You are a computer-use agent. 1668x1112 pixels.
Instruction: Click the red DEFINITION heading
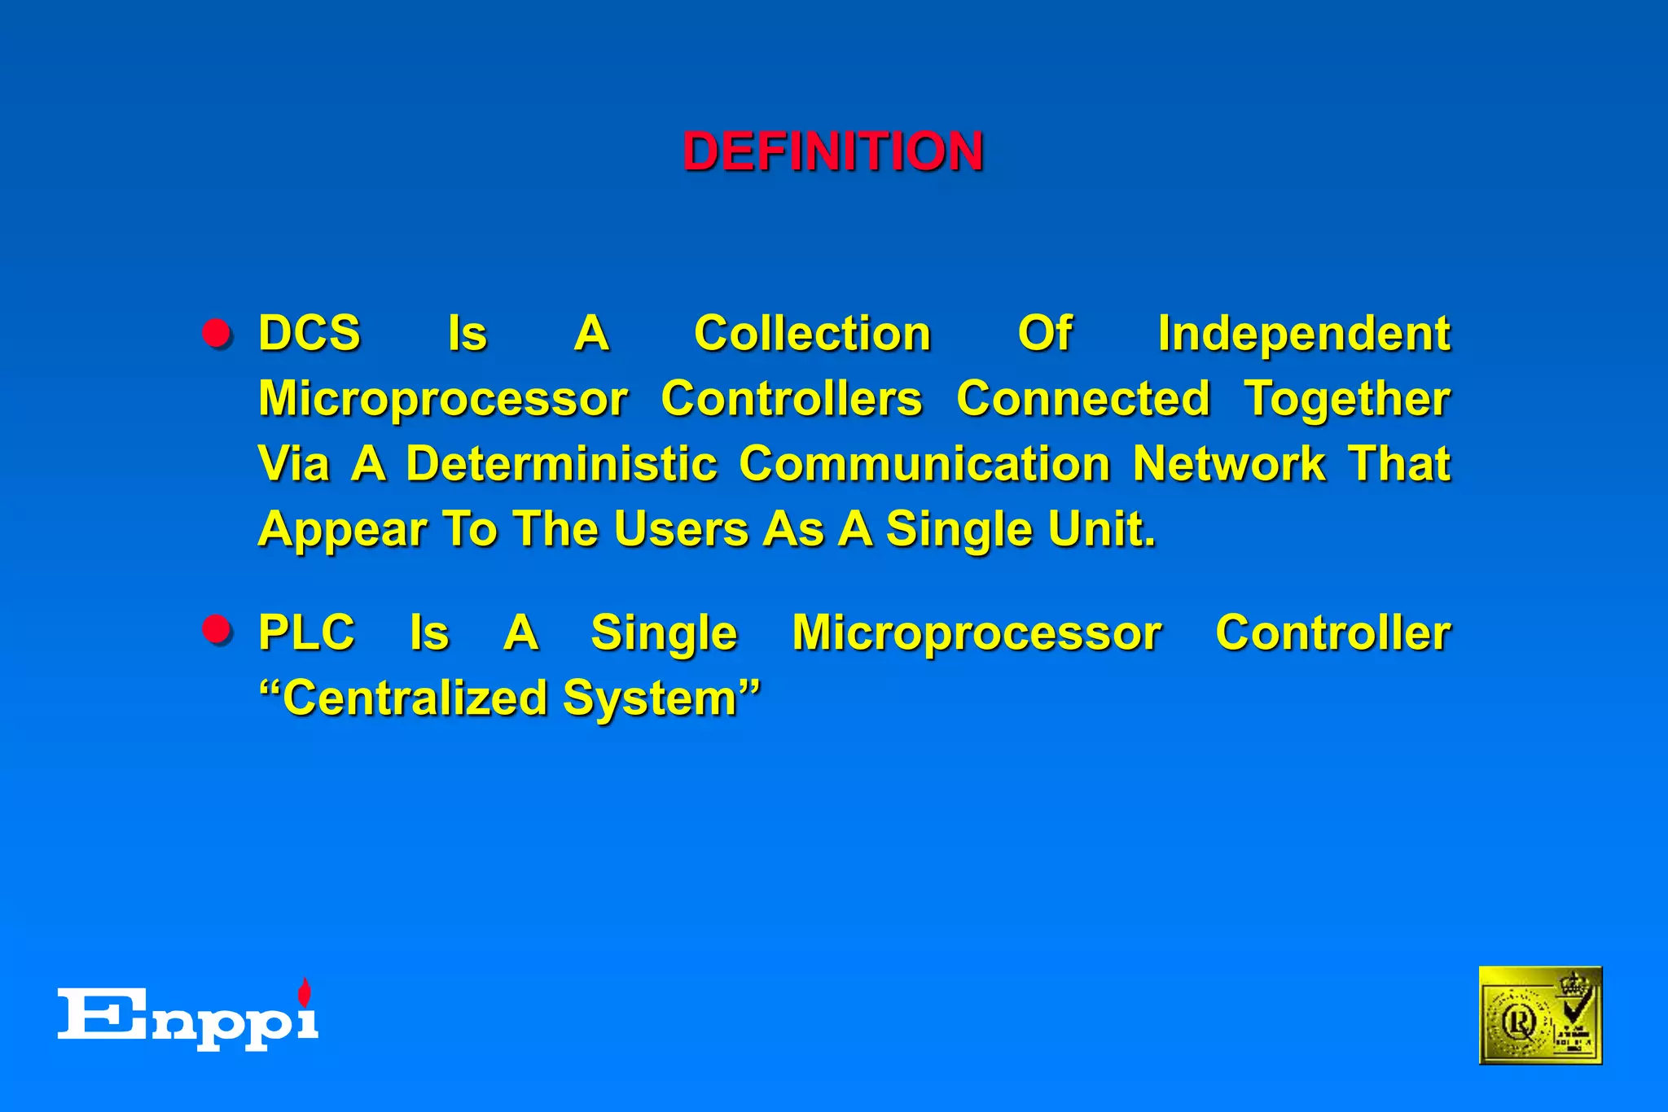pyautogui.click(x=832, y=152)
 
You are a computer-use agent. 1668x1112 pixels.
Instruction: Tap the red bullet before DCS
pyautogui.click(x=217, y=334)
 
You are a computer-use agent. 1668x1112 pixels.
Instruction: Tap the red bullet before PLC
pyautogui.click(x=217, y=630)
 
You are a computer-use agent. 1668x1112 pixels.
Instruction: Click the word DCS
pyautogui.click(x=309, y=334)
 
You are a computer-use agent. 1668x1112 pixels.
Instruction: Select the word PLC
pyautogui.click(x=306, y=633)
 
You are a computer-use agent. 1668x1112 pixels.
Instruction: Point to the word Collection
pyautogui.click(x=812, y=334)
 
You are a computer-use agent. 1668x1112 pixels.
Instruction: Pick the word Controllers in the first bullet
pyautogui.click(x=791, y=399)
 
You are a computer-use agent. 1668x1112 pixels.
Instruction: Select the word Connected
pyautogui.click(x=1082, y=399)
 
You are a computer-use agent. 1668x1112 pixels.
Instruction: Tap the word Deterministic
pyautogui.click(x=561, y=464)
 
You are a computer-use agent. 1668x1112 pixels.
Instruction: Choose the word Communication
pyautogui.click(x=924, y=464)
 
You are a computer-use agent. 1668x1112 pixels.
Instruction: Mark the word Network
pyautogui.click(x=1229, y=464)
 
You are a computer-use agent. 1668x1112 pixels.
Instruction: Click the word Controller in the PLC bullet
pyautogui.click(x=1332, y=633)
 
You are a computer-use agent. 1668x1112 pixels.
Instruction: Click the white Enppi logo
pyautogui.click(x=187, y=1018)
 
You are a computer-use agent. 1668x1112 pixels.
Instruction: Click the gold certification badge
pyautogui.click(x=1539, y=1015)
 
